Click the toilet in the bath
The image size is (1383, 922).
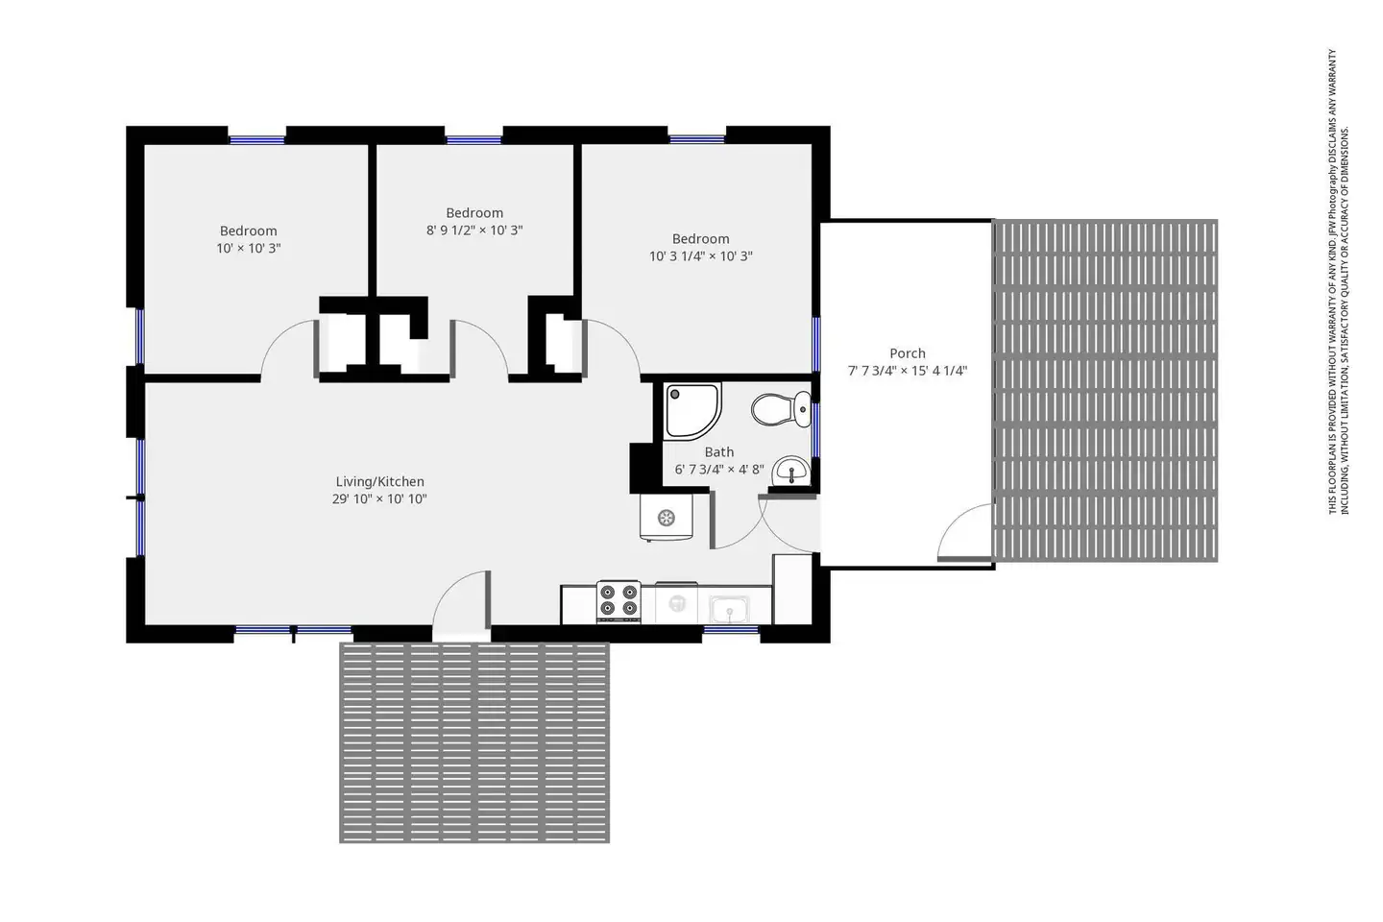[781, 409]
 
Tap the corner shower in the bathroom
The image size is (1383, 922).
[691, 411]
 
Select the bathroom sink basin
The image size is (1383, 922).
[791, 472]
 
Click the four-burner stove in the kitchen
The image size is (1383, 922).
[619, 601]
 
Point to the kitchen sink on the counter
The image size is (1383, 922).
[729, 610]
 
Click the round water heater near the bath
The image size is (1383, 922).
[667, 518]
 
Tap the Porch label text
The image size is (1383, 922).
[907, 353]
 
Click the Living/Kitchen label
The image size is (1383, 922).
[379, 482]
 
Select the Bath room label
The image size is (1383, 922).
[719, 452]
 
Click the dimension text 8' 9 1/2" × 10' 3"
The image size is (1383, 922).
[474, 230]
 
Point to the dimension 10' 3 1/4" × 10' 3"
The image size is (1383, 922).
[701, 256]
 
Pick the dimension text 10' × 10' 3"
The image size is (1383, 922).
[248, 248]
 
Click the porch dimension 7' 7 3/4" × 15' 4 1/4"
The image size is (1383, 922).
[907, 371]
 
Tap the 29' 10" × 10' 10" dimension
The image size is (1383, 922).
[379, 499]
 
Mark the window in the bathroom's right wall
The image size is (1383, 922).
[815, 429]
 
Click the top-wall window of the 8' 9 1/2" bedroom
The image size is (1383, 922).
[473, 140]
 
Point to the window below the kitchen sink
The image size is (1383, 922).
[731, 630]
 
